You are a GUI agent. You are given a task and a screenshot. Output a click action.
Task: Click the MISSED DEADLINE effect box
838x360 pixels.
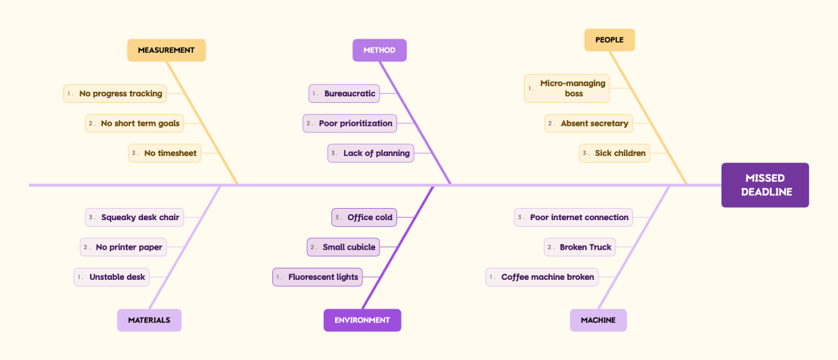coord(765,185)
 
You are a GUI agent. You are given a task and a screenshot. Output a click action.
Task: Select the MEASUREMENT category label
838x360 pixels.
coord(166,50)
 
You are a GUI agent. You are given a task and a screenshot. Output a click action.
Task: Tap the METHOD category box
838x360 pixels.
coord(380,50)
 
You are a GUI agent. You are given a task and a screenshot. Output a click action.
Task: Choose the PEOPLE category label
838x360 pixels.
coord(610,40)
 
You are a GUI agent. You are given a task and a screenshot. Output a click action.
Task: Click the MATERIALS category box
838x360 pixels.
coord(149,320)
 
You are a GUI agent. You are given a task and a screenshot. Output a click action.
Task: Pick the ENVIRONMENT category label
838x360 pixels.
coord(362,320)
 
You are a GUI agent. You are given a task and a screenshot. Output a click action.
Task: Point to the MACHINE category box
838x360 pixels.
coord(598,320)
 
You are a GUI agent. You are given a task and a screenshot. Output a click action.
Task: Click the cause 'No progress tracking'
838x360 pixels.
coord(116,94)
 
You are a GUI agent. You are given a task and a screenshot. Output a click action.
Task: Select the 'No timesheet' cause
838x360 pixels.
coord(165,154)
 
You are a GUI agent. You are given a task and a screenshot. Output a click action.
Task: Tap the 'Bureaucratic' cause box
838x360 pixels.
coord(344,94)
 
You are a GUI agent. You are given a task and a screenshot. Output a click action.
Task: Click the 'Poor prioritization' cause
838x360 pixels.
coord(350,123)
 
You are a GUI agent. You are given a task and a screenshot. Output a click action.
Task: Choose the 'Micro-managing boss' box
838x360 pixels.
coord(567,88)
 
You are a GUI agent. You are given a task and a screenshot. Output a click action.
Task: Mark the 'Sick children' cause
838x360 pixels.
coord(615,154)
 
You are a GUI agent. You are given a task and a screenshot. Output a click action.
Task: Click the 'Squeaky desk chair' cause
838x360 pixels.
coord(135,217)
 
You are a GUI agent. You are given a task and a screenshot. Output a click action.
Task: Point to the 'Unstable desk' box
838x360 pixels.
coord(112,278)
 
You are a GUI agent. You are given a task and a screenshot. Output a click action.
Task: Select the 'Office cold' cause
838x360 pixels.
coord(364,217)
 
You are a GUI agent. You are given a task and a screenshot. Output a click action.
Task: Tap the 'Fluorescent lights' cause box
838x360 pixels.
coord(318,278)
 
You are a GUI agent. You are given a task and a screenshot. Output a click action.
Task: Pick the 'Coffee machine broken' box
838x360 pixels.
coord(542,278)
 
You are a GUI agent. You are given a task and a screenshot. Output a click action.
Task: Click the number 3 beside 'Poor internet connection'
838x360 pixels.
coord(521,217)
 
